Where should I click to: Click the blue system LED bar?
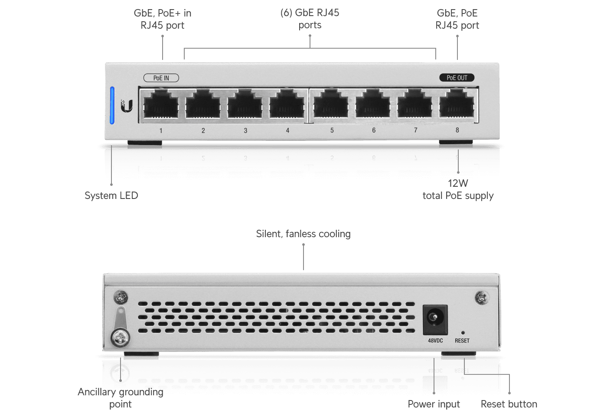(x=112, y=105)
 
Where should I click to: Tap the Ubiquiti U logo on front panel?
(x=127, y=106)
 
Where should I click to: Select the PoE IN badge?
(x=161, y=78)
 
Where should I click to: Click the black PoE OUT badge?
(x=457, y=78)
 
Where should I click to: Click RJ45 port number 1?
(x=161, y=105)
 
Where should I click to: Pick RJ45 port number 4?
(x=287, y=105)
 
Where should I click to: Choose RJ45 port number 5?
(x=331, y=105)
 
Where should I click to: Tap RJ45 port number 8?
(x=457, y=105)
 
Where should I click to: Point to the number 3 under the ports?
(x=245, y=130)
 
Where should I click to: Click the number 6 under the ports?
(x=374, y=130)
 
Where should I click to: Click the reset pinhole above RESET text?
(x=463, y=333)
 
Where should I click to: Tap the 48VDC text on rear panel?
(x=435, y=341)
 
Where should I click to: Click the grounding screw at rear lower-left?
(x=120, y=337)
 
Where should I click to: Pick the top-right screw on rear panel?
(x=482, y=298)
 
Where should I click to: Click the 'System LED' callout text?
(x=111, y=195)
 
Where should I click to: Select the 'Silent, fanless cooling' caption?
(x=303, y=234)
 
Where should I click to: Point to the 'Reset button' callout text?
(x=509, y=404)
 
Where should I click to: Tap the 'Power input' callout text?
(x=434, y=404)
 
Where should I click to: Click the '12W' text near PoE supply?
(x=458, y=183)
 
